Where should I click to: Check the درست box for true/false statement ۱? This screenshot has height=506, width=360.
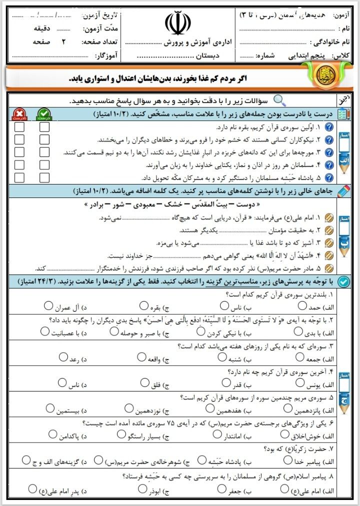coord(44,127)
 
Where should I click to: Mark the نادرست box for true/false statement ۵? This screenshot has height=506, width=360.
coord(19,177)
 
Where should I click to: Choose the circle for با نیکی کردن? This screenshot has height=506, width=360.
coord(201,331)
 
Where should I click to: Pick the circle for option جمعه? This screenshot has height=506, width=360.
coord(299,357)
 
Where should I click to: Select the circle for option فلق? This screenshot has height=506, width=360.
coord(144,383)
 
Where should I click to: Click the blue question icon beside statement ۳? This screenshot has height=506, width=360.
coord(329,152)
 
